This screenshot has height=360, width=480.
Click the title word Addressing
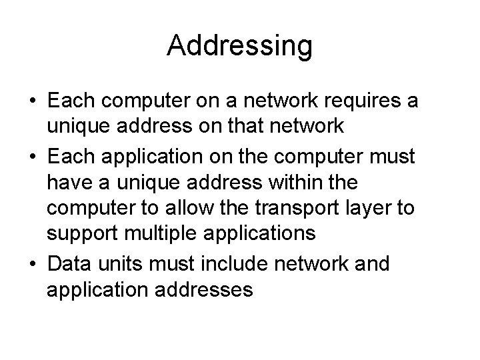coord(239,46)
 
